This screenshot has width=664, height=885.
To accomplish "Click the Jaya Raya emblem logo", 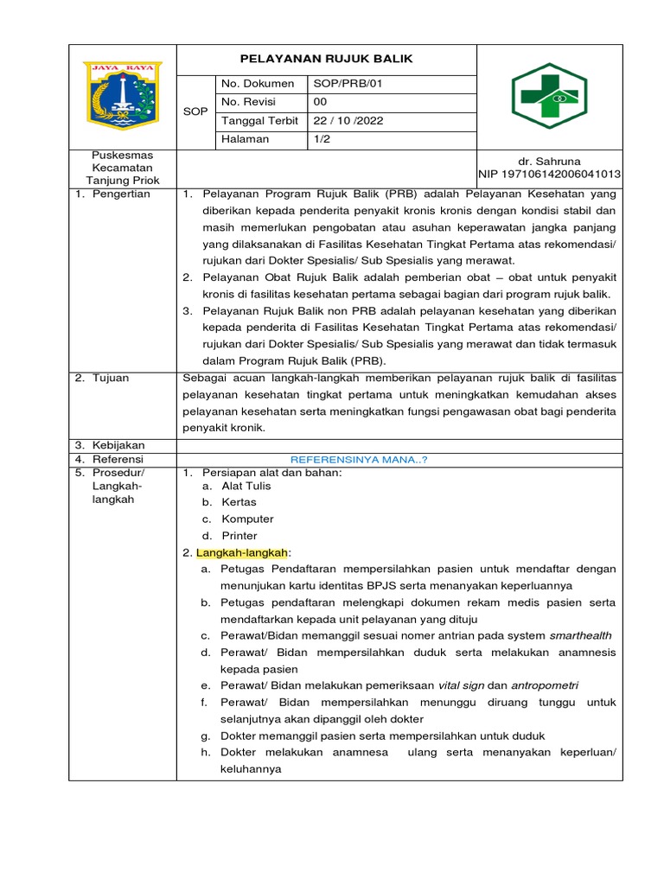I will [122, 95].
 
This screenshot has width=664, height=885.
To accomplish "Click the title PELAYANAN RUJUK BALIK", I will [326, 59].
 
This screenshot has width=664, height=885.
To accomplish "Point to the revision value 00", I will [320, 102].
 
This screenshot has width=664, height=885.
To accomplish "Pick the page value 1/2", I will [322, 139].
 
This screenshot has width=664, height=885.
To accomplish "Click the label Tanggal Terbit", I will [260, 121].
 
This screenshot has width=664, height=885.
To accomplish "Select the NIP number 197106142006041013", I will [549, 175].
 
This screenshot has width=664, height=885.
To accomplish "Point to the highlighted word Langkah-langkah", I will [243, 552].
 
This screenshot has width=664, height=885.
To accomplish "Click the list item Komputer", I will [247, 519].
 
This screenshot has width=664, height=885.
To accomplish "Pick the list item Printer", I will [239, 536].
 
